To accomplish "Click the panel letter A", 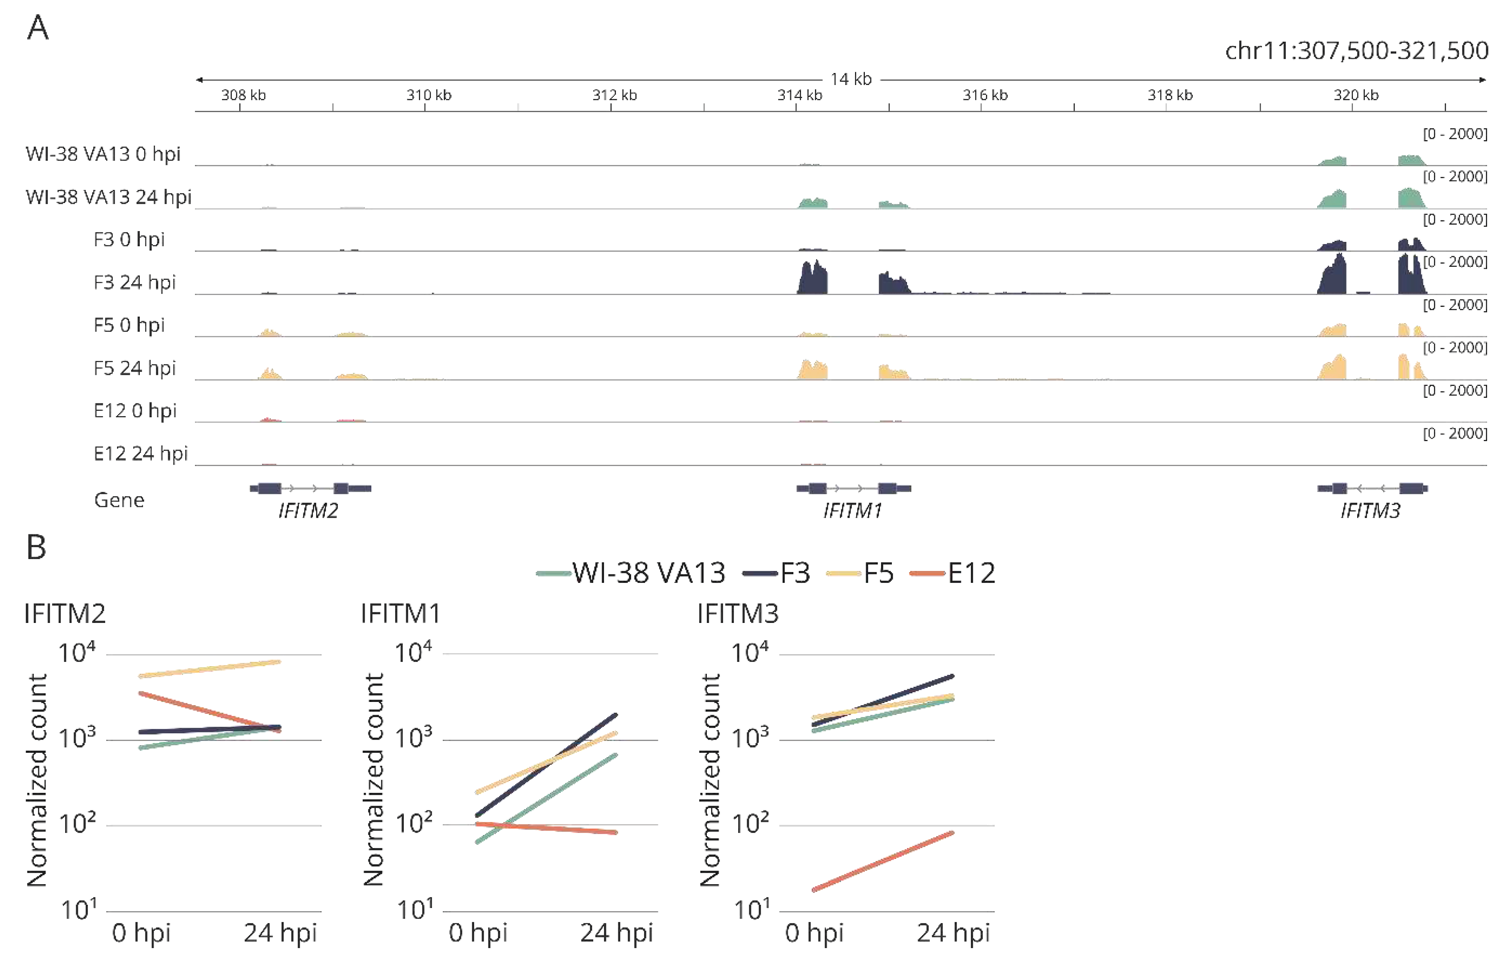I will pos(37,28).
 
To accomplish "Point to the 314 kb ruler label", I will pos(799,95).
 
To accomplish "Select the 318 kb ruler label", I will pos(1170,95).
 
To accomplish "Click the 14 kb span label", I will pos(851,79).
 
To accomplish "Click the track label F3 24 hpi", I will pos(135,282).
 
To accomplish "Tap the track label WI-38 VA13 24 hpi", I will pos(108,197).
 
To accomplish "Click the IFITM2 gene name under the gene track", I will pos(308,511).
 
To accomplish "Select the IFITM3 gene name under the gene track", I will pos(1370,511).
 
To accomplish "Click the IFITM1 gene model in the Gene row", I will pos(853,488).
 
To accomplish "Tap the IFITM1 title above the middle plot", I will pos(400,614).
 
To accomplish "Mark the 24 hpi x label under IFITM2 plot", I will pos(280,933).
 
